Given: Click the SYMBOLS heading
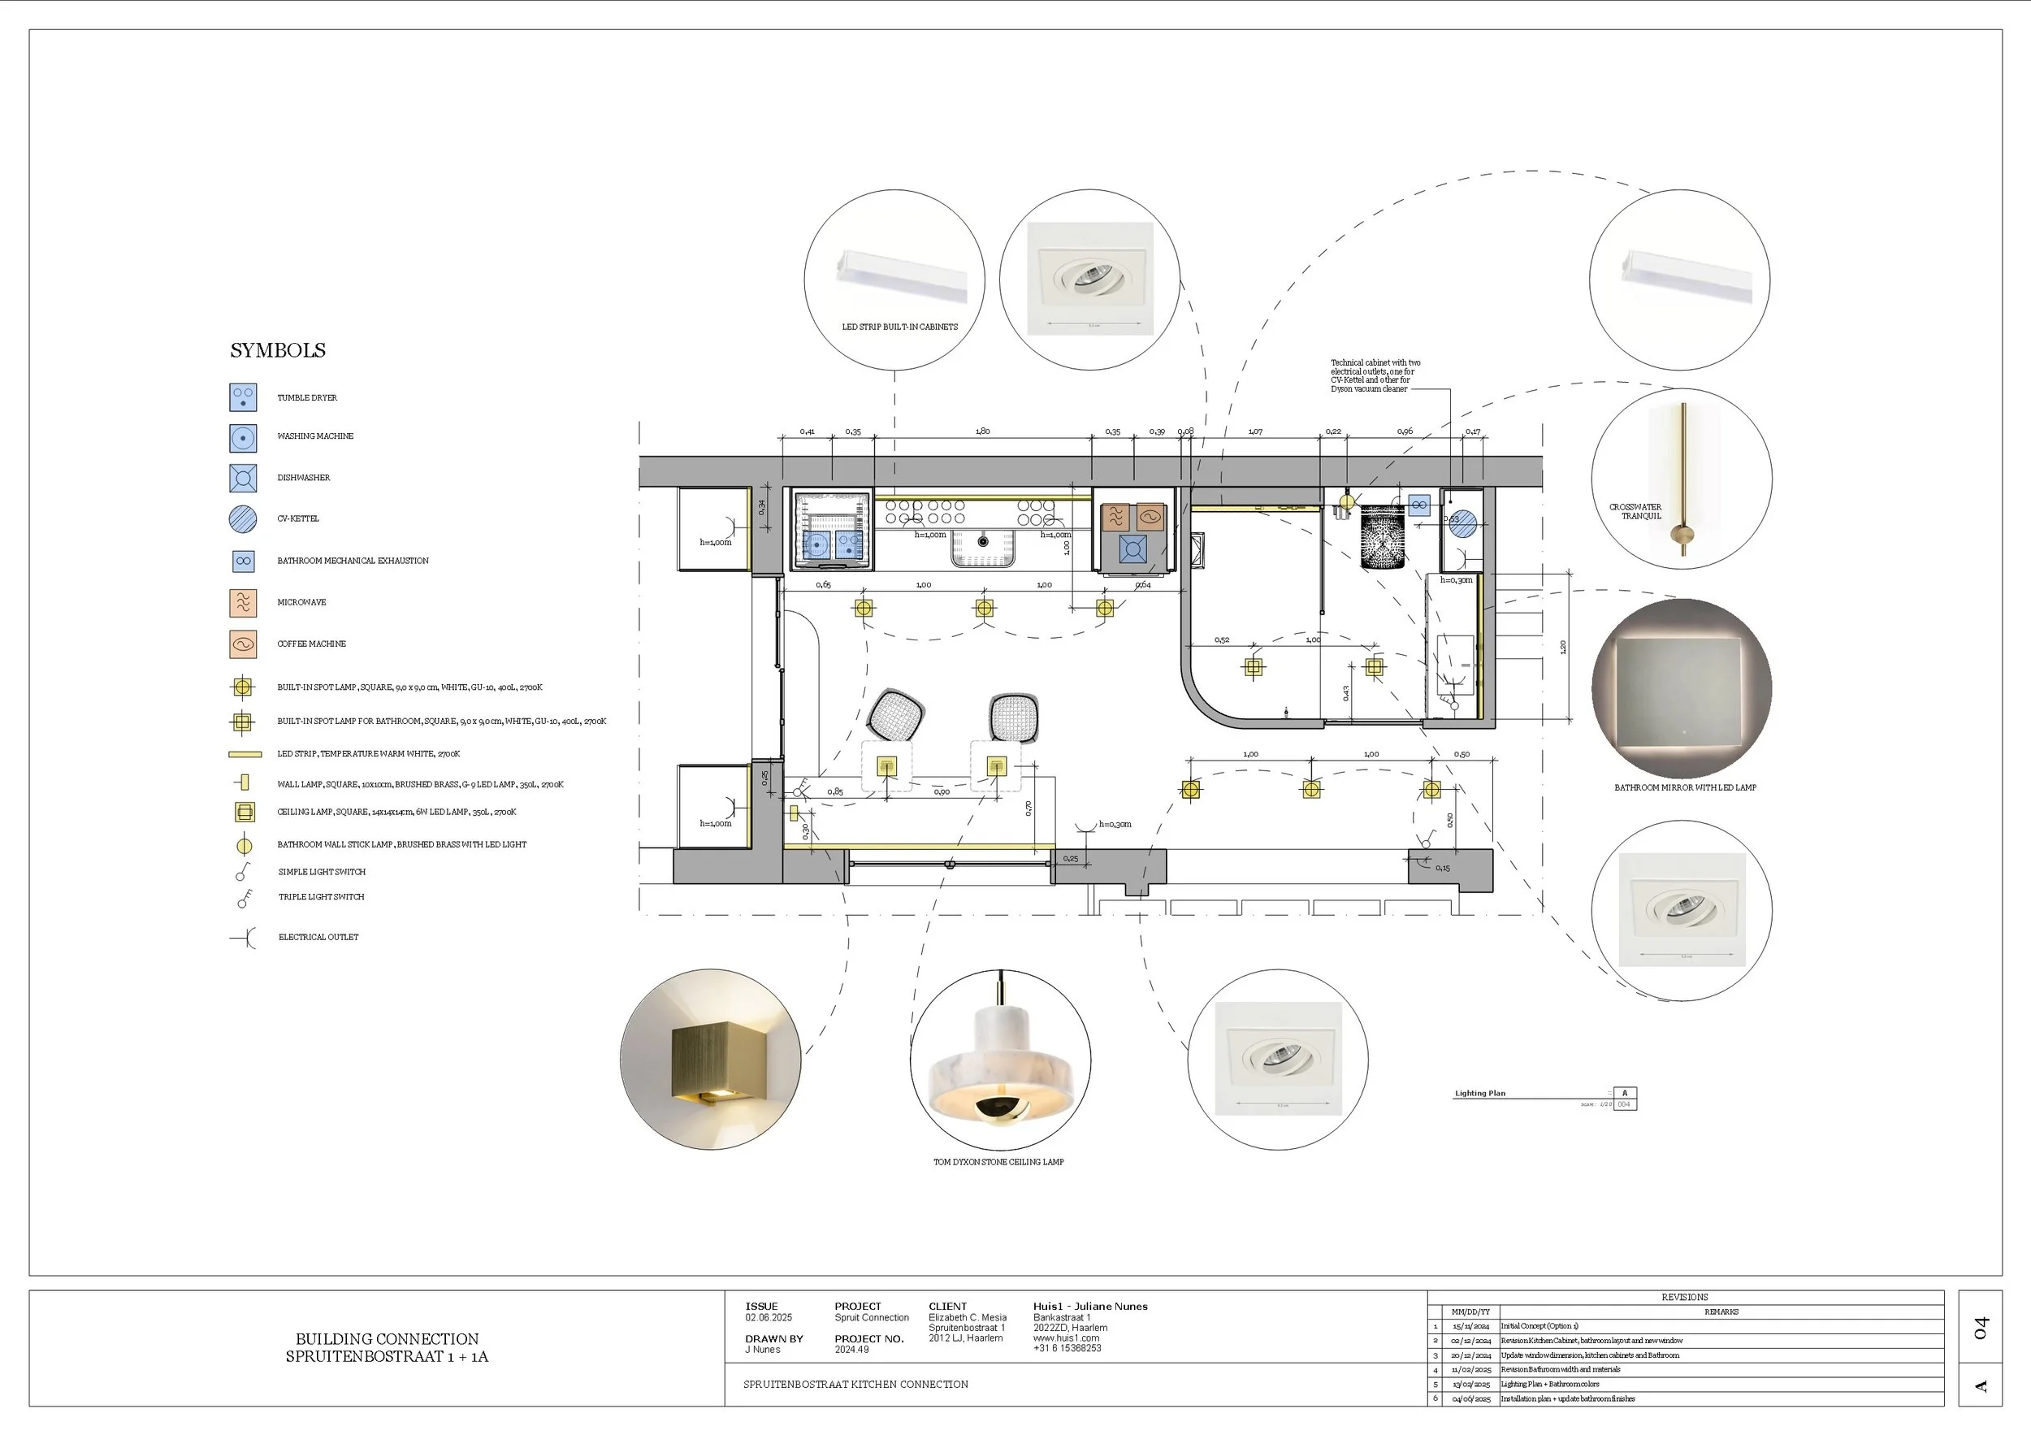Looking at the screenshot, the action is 278,350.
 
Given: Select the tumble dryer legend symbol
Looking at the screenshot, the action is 243,397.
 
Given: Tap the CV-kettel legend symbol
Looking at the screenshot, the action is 243,519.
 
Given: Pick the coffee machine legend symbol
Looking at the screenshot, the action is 243,644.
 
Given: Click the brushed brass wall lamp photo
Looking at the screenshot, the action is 710,1060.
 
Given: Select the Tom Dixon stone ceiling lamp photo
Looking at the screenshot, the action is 999,1060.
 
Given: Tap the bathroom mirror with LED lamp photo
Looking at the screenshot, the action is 1681,689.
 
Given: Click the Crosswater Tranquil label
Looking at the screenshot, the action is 1635,511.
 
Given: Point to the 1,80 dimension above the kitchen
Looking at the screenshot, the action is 983,431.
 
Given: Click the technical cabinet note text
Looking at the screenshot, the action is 1375,376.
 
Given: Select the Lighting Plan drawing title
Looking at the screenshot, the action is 1480,1094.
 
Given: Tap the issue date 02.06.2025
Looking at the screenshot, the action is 769,1318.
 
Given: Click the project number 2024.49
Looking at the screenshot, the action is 852,1350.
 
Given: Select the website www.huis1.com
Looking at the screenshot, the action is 1066,1338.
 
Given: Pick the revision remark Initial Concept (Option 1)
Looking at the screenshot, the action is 1539,1326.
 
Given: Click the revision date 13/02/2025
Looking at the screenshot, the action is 1471,1385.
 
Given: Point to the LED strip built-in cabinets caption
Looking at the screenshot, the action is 899,327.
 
